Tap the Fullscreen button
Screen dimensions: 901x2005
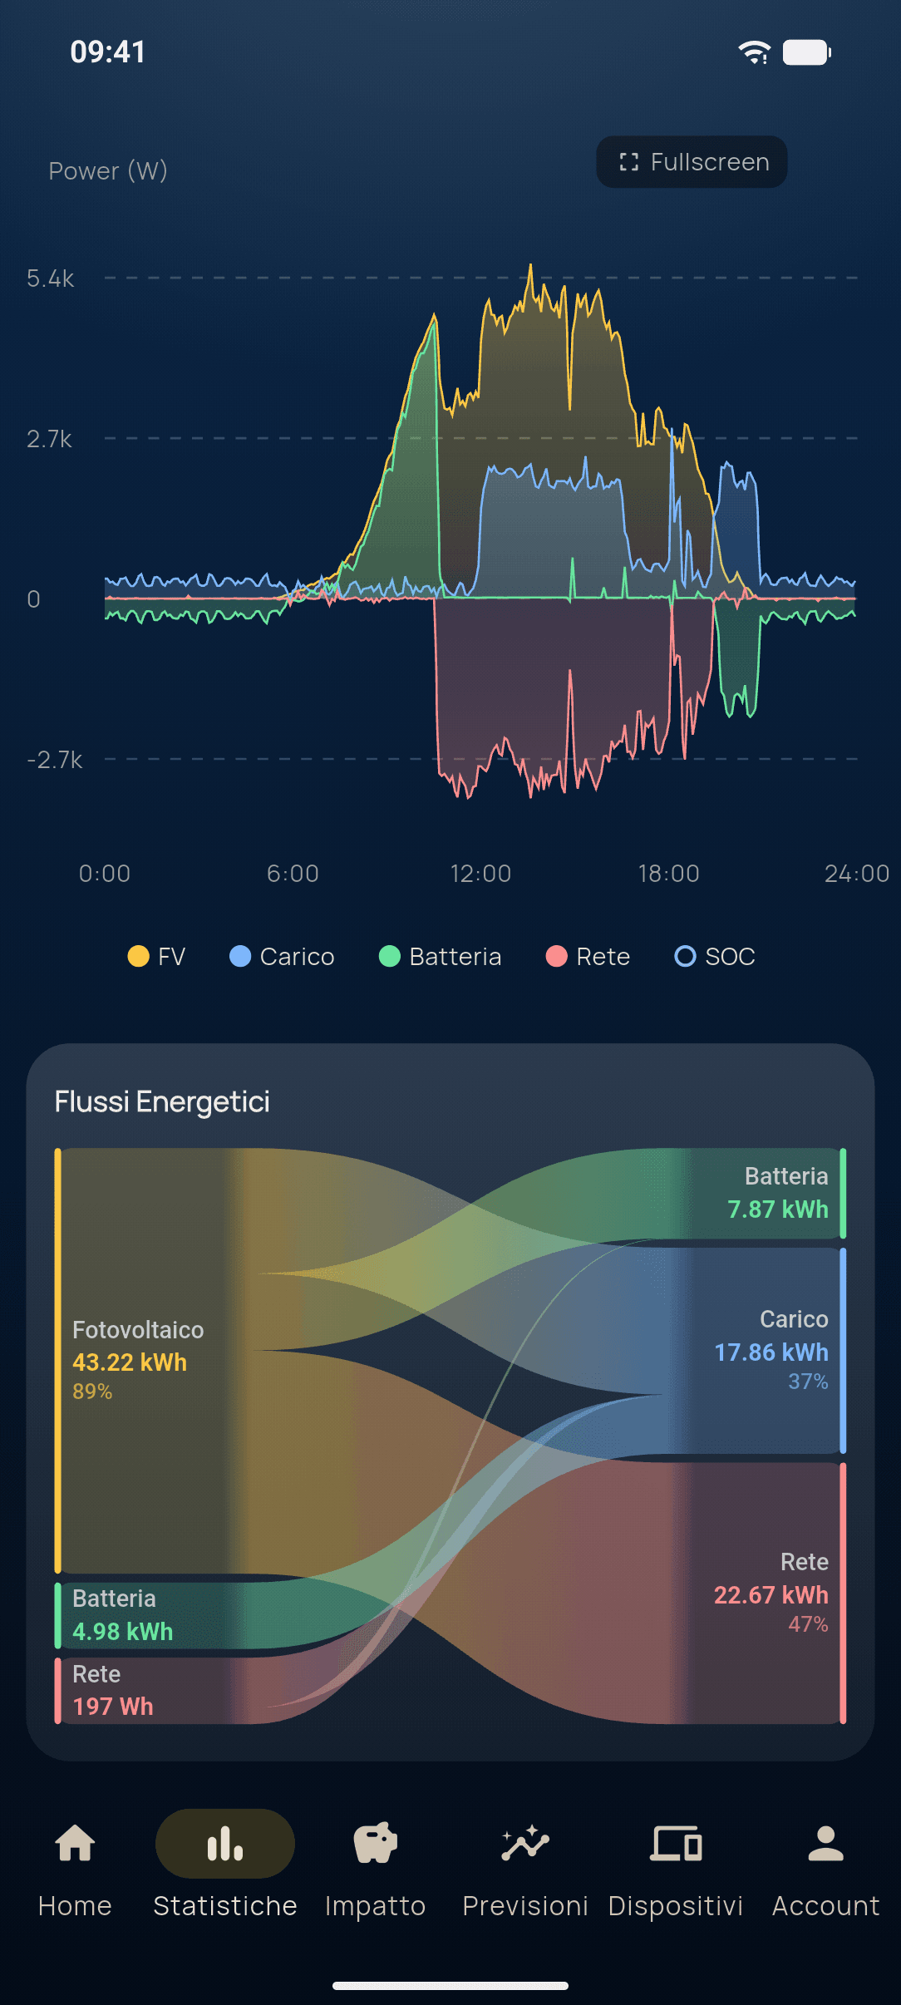(x=692, y=161)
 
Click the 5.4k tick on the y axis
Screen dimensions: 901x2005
(x=51, y=278)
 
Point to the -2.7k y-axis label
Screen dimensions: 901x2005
(x=55, y=760)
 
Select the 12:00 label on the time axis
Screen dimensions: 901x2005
(x=480, y=874)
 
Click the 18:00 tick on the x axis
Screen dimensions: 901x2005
(x=668, y=874)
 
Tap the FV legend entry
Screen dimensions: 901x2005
(x=156, y=957)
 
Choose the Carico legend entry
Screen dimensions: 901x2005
(x=282, y=957)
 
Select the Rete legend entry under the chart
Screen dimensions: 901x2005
(x=588, y=957)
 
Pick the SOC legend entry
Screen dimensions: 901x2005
(x=715, y=957)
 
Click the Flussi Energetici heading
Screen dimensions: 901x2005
(x=162, y=1101)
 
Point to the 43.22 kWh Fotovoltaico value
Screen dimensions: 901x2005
(x=130, y=1362)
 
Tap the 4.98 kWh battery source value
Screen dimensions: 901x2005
(x=123, y=1632)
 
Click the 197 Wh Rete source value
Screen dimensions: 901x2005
(x=113, y=1707)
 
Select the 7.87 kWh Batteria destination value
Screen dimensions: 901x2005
(x=778, y=1209)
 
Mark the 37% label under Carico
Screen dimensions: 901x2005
(x=808, y=1382)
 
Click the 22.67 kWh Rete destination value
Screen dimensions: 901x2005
(x=771, y=1595)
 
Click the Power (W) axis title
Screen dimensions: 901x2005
(x=108, y=171)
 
